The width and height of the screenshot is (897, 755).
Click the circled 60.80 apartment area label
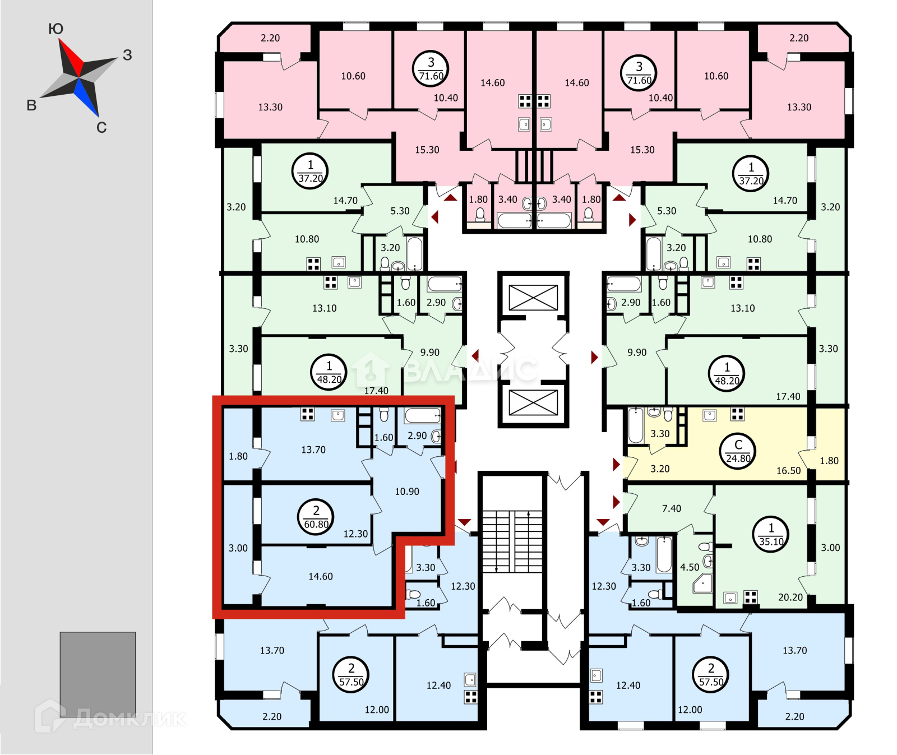coord(316,517)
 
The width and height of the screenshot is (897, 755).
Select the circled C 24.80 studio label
coord(738,451)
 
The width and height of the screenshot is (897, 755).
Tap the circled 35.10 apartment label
coord(771,535)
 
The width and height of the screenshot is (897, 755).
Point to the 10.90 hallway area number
coord(407,492)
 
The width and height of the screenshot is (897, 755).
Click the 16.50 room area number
coord(788,471)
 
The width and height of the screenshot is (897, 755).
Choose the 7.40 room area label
coord(672,508)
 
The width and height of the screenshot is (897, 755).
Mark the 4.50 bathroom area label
coord(690,567)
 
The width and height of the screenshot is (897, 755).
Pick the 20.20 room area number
coord(790,597)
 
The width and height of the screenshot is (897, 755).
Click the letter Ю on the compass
coord(56,29)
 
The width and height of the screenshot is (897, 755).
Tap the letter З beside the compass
coord(128,55)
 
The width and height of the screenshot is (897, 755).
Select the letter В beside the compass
coord(32,105)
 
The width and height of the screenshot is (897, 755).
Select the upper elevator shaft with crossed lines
coord(533,298)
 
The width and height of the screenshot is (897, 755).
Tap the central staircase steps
coord(512,541)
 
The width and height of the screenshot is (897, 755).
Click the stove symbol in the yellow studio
coord(737,414)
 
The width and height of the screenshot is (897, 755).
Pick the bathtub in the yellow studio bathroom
coord(635,426)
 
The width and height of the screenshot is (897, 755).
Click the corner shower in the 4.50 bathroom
coord(702,583)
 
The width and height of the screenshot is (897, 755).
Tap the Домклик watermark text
coord(129,719)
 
